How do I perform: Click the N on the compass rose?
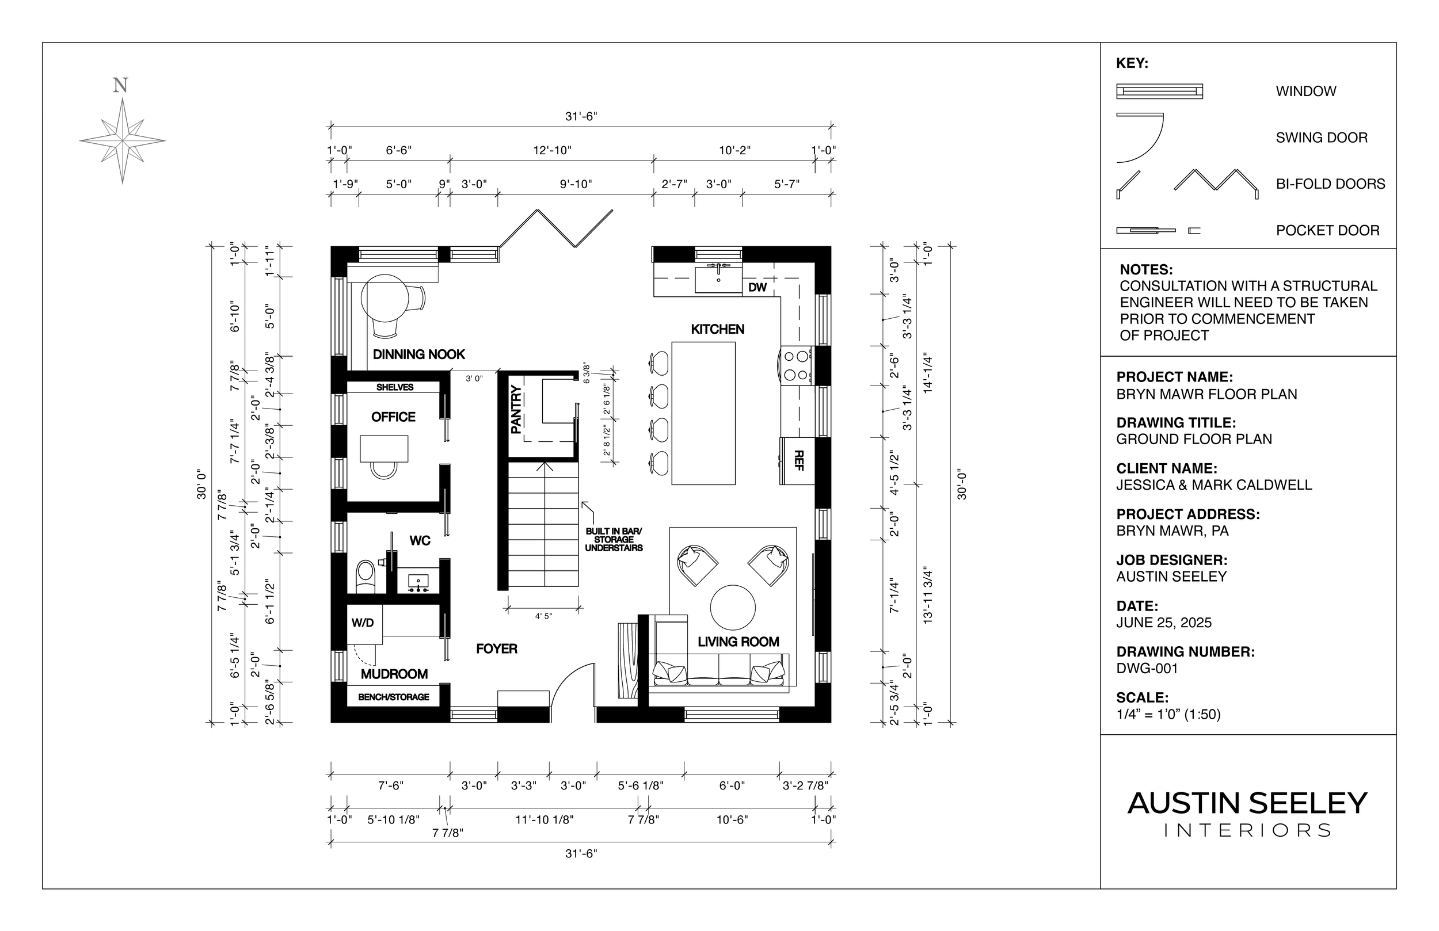coord(120,86)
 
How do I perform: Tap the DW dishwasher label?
coord(757,288)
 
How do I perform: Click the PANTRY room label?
coord(516,410)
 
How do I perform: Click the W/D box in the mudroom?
coord(363,623)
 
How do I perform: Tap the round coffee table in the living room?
coord(732,608)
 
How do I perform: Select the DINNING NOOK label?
coord(418,354)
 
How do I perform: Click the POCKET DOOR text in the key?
coord(1327,230)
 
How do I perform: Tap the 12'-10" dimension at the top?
coord(551,150)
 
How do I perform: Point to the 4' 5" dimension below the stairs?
coord(543,617)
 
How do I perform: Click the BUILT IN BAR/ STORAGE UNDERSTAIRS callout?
coord(613,540)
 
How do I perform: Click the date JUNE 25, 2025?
coord(1163,623)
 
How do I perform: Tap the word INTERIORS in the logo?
coord(1247,831)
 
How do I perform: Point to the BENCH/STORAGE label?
coord(394,697)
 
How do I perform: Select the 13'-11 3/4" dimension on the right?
coord(928,596)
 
